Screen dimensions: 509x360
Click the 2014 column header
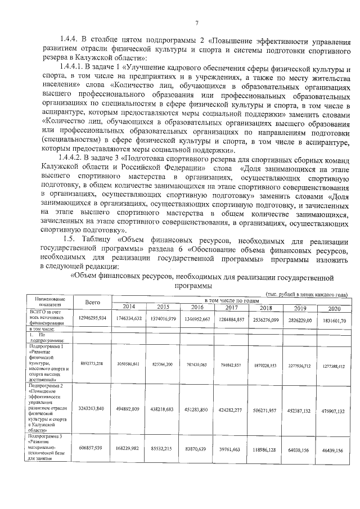coord(129,307)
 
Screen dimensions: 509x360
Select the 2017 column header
coord(232,307)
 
